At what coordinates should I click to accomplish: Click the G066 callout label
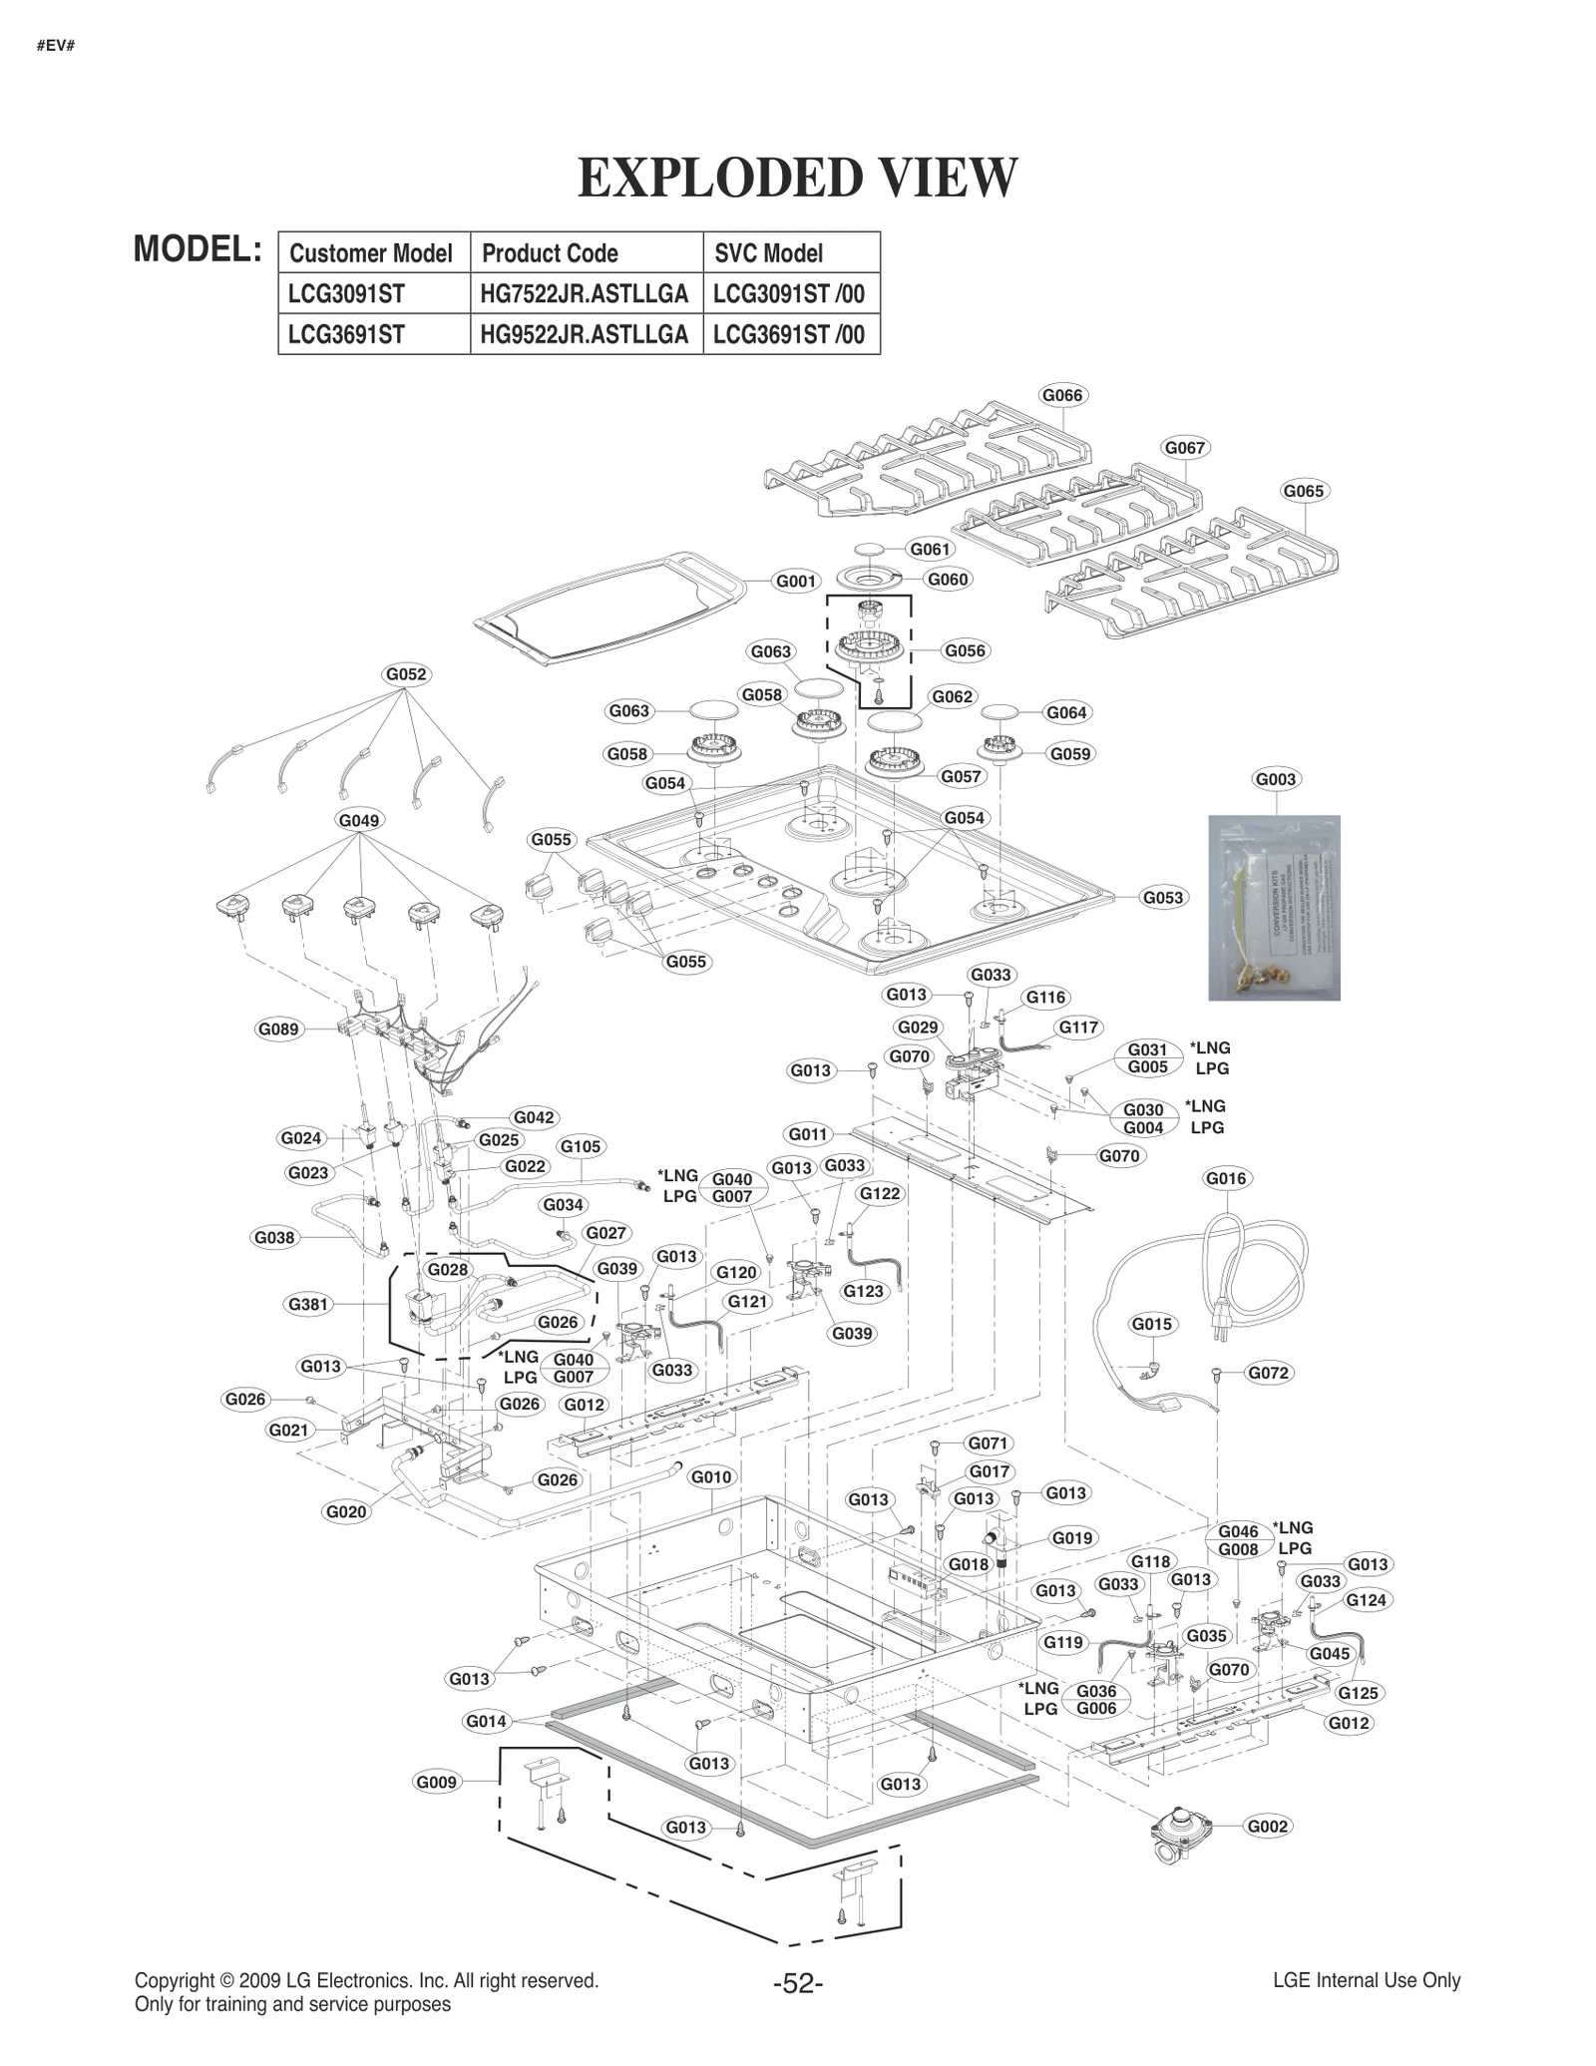(x=1061, y=395)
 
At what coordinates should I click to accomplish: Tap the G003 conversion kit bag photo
(x=1274, y=907)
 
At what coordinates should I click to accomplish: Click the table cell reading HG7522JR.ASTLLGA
(x=585, y=293)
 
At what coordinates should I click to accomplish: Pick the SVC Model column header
(x=768, y=252)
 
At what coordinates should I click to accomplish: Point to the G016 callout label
(x=1226, y=1178)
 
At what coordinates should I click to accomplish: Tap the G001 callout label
(x=796, y=581)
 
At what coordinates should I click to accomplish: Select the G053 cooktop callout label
(x=1162, y=897)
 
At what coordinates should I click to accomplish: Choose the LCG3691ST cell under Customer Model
(x=346, y=334)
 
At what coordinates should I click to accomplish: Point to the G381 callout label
(x=307, y=1304)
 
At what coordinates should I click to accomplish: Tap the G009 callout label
(x=436, y=1782)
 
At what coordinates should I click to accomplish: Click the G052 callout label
(x=405, y=674)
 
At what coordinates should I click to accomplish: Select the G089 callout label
(x=278, y=1029)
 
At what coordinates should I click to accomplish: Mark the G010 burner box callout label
(x=711, y=1476)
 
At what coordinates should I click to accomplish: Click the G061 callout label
(x=930, y=549)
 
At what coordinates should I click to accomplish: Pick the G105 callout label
(x=581, y=1146)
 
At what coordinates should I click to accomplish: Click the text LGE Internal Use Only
(x=1366, y=1981)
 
